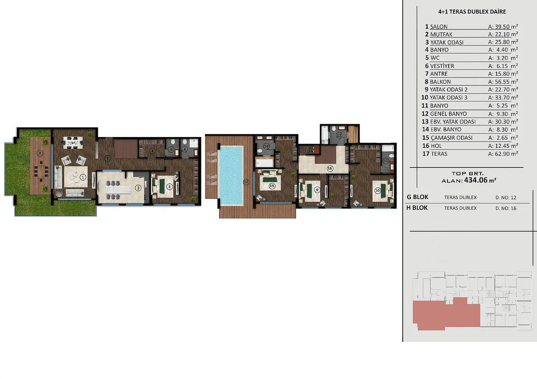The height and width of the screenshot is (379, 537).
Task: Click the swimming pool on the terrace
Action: click(231, 175)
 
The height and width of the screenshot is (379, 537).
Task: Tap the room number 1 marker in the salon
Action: click(83, 177)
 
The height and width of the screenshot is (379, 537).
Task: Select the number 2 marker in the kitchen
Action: click(138, 188)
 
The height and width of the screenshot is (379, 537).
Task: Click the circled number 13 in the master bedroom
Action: click(271, 186)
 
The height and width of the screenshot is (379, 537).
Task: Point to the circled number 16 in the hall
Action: click(330, 168)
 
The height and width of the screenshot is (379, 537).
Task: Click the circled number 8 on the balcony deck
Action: click(40, 153)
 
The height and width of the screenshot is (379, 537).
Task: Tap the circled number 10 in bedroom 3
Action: click(378, 190)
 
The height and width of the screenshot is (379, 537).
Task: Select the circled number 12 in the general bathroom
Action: click(339, 135)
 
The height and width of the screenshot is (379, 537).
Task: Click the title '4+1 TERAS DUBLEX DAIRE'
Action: click(472, 12)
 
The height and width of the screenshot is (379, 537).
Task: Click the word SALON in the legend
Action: click(439, 27)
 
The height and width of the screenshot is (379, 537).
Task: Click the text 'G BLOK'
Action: click(417, 197)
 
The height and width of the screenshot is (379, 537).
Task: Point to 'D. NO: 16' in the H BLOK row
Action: click(506, 208)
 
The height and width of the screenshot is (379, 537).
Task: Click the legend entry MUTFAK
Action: click(441, 35)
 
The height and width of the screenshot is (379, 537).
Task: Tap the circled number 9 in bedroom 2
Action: click(317, 190)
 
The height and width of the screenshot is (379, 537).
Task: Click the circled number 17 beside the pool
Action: click(246, 182)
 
